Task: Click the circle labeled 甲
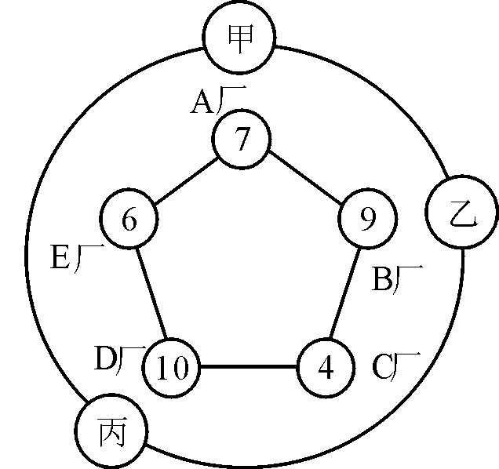click(x=239, y=37)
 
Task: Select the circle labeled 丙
click(x=111, y=431)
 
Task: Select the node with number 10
click(x=172, y=367)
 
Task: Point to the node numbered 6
click(x=129, y=219)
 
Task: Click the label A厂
click(x=217, y=101)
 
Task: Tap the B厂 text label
click(x=396, y=279)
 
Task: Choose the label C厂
click(x=395, y=366)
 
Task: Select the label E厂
click(x=77, y=257)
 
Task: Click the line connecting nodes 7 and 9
click(x=305, y=180)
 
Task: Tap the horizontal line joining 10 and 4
click(x=249, y=367)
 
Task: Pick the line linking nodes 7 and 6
click(x=185, y=180)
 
